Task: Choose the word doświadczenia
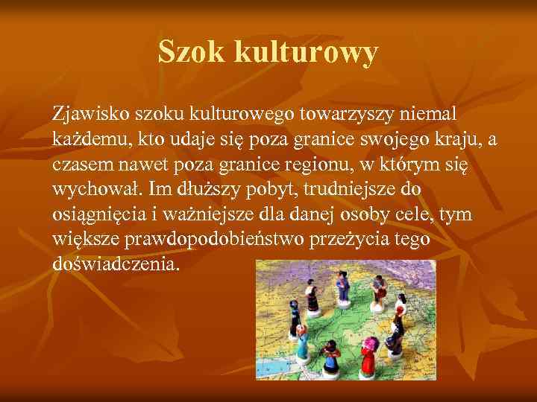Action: tap(116, 264)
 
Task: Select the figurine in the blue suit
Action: tap(344, 286)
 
